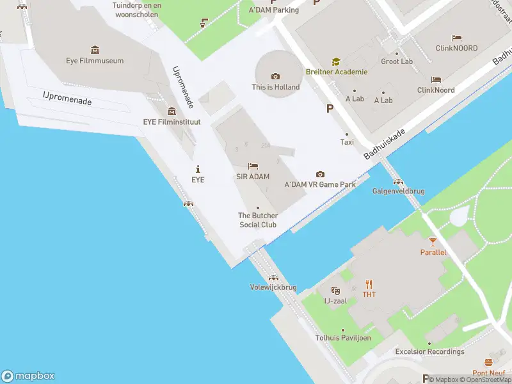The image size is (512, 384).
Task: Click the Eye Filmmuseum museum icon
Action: tap(95, 50)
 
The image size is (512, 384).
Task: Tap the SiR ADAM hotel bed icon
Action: tap(252, 166)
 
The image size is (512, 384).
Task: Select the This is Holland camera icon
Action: tap(276, 77)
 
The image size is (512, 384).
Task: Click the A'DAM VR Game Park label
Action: tap(320, 184)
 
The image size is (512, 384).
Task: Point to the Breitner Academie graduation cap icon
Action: tap(335, 61)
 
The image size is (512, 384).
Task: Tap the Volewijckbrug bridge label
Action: tap(273, 287)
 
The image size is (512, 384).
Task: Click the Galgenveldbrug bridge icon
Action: tap(397, 182)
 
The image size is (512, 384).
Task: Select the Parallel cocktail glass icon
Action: tap(433, 241)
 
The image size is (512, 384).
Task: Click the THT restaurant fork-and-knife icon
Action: tap(369, 284)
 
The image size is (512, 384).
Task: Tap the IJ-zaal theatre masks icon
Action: tap(335, 291)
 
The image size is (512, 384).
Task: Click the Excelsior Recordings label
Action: tap(429, 351)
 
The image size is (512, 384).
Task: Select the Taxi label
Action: tap(347, 142)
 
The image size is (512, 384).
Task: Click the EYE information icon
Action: tap(198, 169)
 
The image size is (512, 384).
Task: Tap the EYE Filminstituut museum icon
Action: tap(172, 111)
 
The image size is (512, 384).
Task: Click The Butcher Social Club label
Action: tap(258, 220)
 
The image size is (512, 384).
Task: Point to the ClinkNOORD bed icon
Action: tap(457, 38)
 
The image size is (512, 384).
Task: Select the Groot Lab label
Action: tap(397, 61)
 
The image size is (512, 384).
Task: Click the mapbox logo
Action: tap(28, 376)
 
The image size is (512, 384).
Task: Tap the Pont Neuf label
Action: tap(489, 372)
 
